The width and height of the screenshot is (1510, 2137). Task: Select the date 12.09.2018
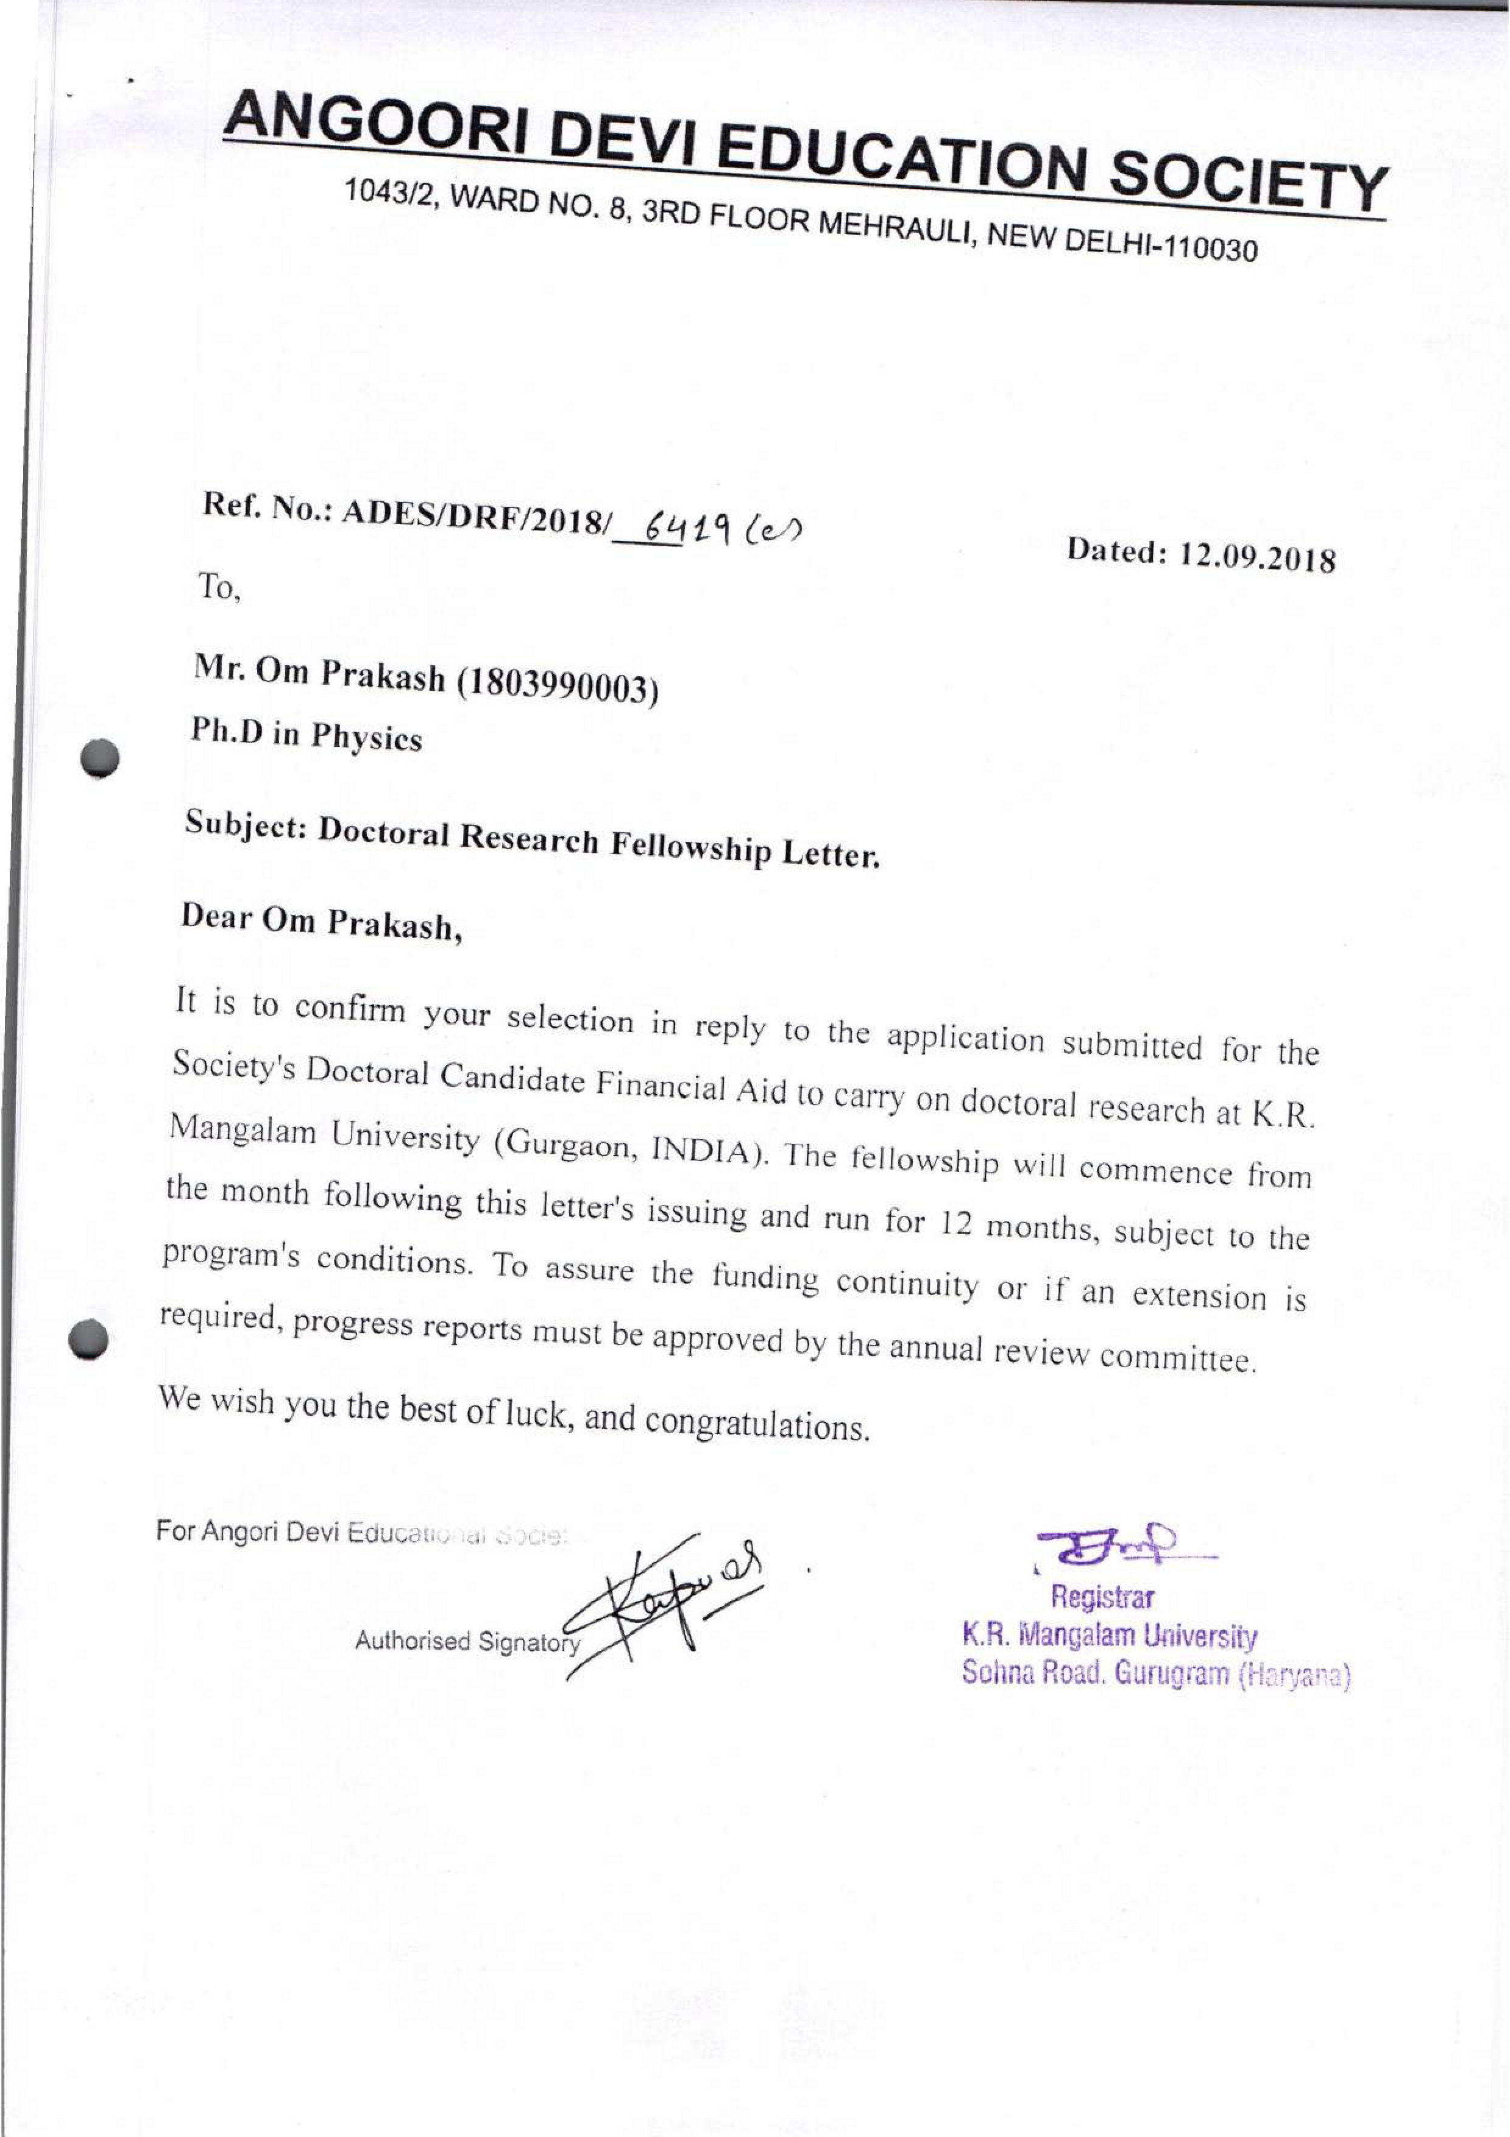[x=1257, y=557]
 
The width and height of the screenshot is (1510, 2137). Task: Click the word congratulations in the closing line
[x=757, y=1422]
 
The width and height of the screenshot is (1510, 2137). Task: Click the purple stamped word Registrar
[x=1102, y=1597]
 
